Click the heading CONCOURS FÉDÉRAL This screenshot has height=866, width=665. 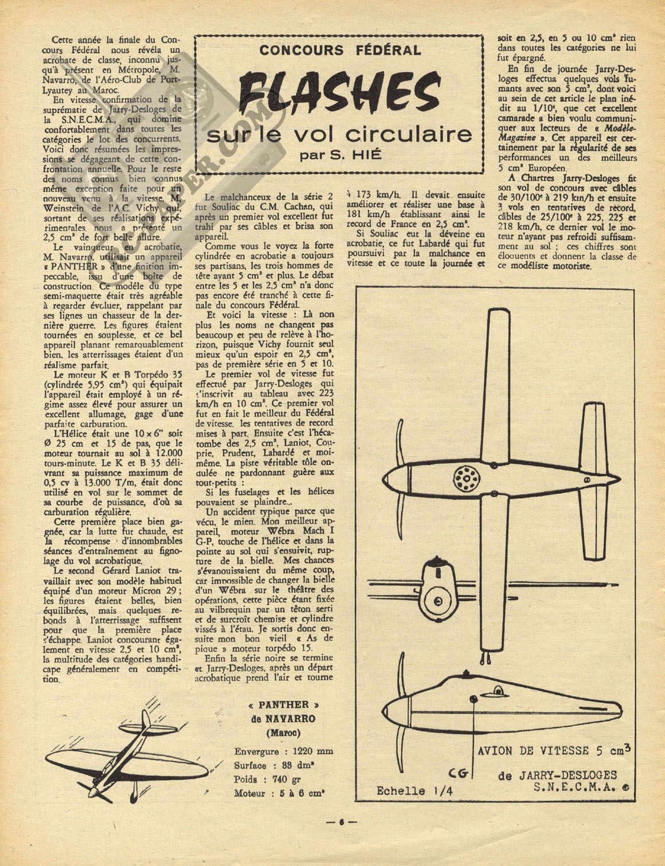point(340,50)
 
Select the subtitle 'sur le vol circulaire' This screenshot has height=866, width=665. point(339,134)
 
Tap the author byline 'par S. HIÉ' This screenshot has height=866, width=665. point(339,155)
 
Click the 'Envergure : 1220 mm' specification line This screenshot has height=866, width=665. point(283,751)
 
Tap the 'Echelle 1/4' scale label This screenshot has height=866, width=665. point(409,791)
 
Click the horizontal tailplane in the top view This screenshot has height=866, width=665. point(590,479)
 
